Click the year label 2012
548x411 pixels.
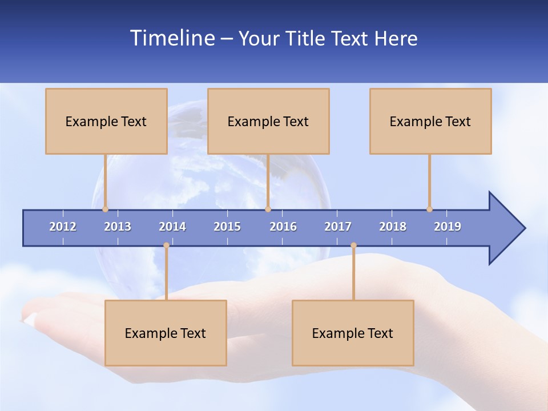[x=63, y=227]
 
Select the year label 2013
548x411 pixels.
[x=118, y=227]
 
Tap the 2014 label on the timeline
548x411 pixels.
[x=172, y=227]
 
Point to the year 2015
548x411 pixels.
[x=227, y=227]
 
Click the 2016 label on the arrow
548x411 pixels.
[x=283, y=227]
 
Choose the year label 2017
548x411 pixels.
[x=338, y=227]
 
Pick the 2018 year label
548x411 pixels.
[x=393, y=227]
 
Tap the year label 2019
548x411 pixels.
[x=448, y=227]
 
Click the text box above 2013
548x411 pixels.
[x=106, y=121]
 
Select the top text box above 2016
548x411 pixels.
[x=268, y=121]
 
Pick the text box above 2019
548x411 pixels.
[x=430, y=121]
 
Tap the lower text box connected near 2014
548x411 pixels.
[x=166, y=333]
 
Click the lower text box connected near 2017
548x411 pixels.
[x=353, y=333]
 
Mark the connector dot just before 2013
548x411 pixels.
[x=105, y=209]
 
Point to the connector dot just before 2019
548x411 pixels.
[x=429, y=209]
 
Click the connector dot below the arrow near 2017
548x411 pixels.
[x=353, y=245]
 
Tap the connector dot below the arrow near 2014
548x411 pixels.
[x=166, y=245]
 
